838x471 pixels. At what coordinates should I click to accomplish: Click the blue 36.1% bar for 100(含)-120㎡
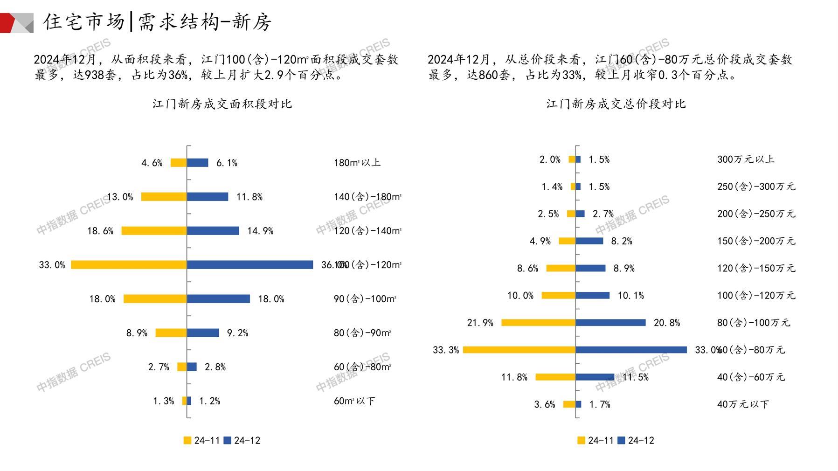[250, 265]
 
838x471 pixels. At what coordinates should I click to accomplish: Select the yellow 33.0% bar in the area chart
[129, 265]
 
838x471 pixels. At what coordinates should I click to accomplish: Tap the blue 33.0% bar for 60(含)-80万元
[631, 350]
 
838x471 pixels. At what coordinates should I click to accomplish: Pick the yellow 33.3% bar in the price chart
[519, 350]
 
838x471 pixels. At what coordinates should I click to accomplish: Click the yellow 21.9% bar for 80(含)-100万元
[538, 323]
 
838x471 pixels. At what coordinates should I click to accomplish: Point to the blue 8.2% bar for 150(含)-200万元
[589, 241]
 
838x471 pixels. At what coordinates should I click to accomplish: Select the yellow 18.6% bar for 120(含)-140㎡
[154, 231]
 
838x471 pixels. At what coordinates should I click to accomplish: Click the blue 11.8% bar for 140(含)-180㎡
[208, 197]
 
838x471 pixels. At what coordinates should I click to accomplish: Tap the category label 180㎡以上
[357, 163]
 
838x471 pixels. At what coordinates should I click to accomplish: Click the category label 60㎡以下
[354, 401]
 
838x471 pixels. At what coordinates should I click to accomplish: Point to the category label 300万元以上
[746, 159]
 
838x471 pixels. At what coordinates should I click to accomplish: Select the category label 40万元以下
[743, 404]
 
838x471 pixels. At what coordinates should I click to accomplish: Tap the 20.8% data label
[667, 323]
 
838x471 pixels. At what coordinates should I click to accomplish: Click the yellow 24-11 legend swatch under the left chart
[187, 440]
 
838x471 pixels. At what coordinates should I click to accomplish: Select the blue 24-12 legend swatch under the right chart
[621, 440]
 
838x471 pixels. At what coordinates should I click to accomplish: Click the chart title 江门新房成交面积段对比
[222, 104]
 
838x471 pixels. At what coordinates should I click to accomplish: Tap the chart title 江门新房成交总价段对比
[616, 104]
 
